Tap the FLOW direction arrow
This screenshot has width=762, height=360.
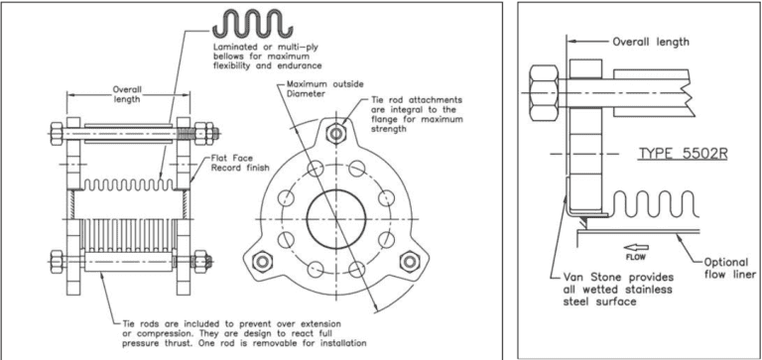click(636, 245)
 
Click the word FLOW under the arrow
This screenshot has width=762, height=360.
click(636, 256)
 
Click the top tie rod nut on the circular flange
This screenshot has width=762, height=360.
click(334, 132)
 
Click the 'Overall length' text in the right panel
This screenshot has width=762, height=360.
click(650, 42)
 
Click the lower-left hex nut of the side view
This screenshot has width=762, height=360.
click(57, 262)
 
